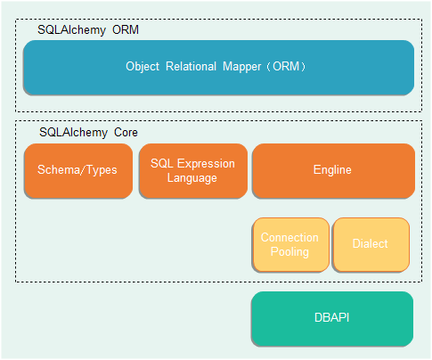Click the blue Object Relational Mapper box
click(x=219, y=68)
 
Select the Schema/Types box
click(x=78, y=171)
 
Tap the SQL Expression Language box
click(x=193, y=171)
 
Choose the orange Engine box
click(x=333, y=171)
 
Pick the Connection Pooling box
click(x=291, y=245)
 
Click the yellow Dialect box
click(x=371, y=245)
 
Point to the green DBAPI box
click(x=332, y=319)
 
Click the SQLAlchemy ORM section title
click(x=88, y=30)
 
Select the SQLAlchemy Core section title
click(x=88, y=133)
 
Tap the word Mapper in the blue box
click(x=242, y=67)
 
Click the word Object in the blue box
click(x=143, y=67)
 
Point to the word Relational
click(x=191, y=66)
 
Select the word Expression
click(x=206, y=164)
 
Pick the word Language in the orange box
click(x=192, y=178)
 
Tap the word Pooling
click(x=289, y=252)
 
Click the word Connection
click(x=289, y=237)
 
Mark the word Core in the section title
click(x=126, y=133)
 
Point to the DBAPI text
click(x=332, y=317)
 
